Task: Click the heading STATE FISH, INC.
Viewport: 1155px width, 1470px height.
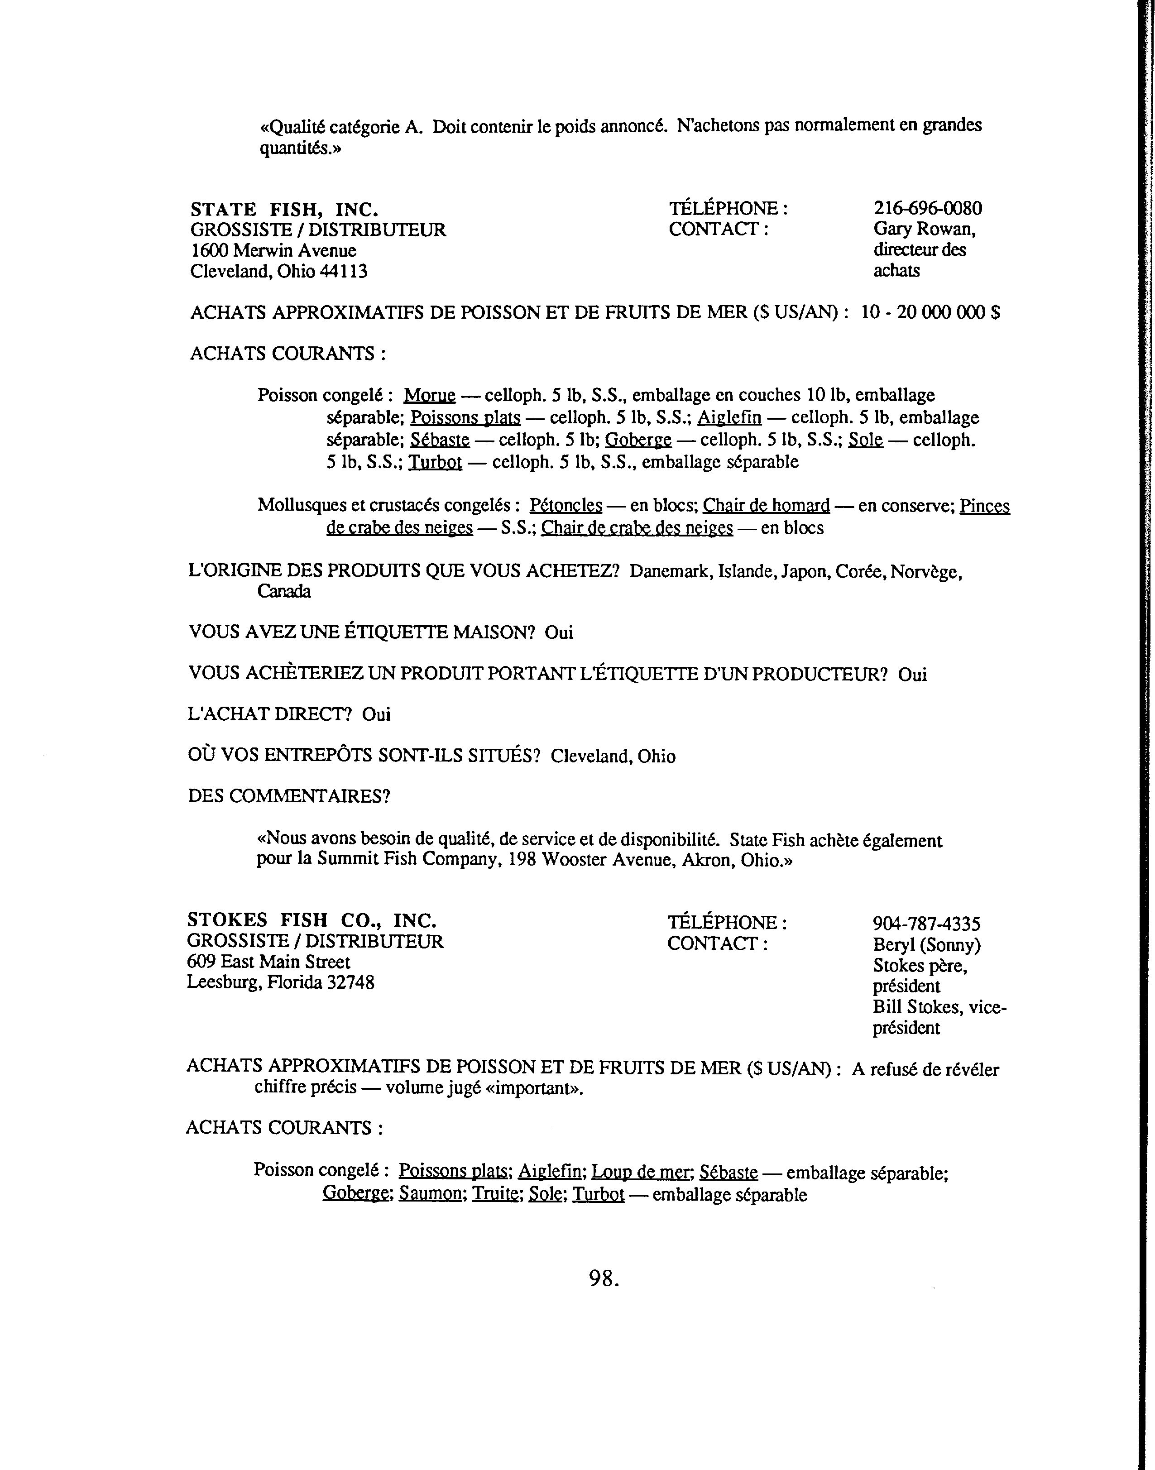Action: tap(284, 209)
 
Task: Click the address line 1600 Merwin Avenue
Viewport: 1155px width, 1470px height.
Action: tap(273, 251)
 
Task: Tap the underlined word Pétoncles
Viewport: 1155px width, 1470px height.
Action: tap(566, 506)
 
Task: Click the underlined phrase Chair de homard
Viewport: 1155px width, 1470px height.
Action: tap(766, 506)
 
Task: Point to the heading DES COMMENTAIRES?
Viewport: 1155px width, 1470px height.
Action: tap(289, 796)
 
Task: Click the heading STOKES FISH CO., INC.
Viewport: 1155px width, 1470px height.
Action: tap(312, 920)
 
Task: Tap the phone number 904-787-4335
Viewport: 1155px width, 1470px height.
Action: tap(926, 924)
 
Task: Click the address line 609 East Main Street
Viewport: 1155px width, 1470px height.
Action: tap(268, 962)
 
